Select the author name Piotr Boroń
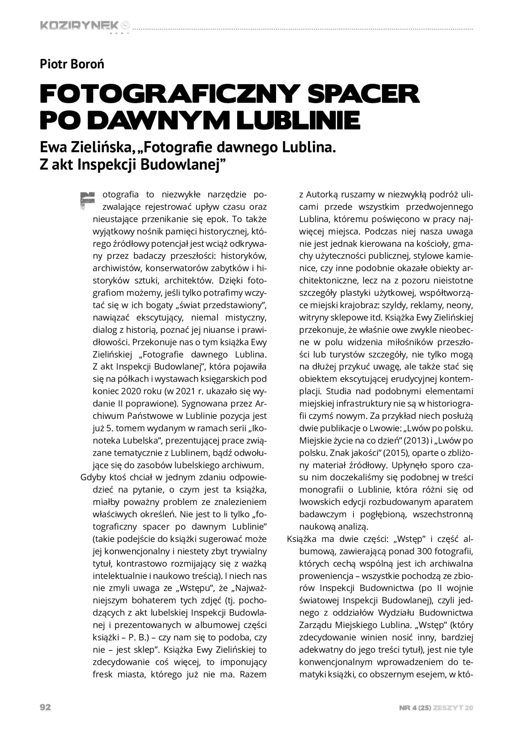72,65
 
